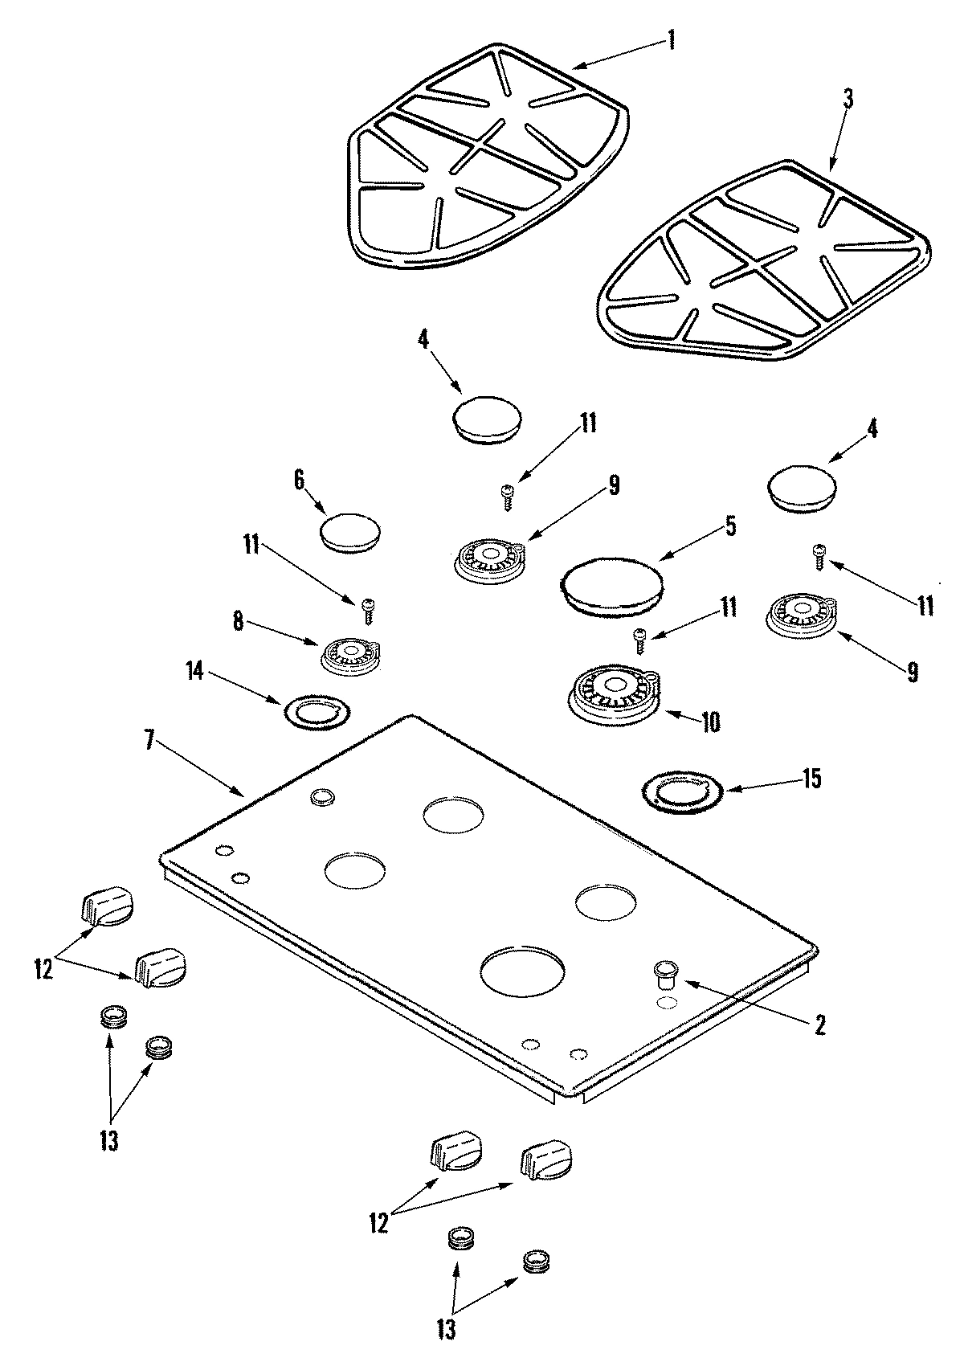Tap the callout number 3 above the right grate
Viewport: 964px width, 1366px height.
pyautogui.click(x=848, y=99)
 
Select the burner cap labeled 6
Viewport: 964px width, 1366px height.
pyautogui.click(x=350, y=533)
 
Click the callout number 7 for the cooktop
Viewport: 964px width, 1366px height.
pyautogui.click(x=150, y=740)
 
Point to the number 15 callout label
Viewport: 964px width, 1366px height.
pyautogui.click(x=811, y=779)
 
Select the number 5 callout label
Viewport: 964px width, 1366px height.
pyautogui.click(x=729, y=526)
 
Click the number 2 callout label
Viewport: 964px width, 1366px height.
pyautogui.click(x=819, y=1024)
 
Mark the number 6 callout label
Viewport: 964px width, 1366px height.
pyautogui.click(x=299, y=480)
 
